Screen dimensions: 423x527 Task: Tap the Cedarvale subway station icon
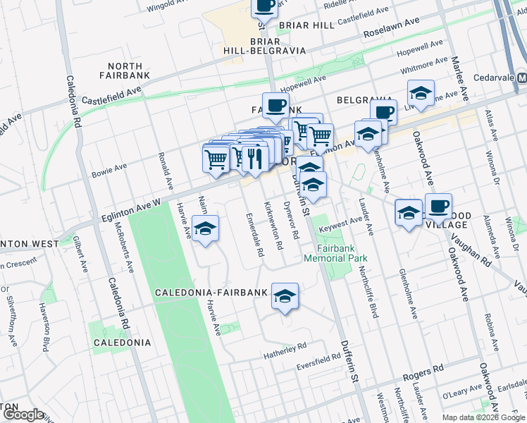tap(521, 77)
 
